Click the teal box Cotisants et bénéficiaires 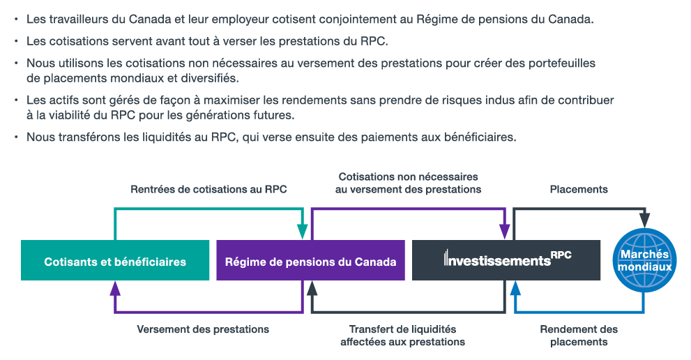115,260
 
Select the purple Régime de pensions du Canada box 311,260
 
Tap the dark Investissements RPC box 506,260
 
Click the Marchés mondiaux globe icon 645,260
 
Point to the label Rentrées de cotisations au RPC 208,189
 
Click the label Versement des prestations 203,329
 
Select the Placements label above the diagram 579,189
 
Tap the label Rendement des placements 579,336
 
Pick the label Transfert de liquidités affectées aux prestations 402,336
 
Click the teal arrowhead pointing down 303,232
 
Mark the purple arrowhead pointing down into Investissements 505,232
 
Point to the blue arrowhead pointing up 515,289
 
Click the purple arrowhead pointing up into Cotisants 115,289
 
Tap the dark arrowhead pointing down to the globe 645,220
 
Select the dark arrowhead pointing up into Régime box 312,289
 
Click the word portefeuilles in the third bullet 562,63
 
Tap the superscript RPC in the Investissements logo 561,255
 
